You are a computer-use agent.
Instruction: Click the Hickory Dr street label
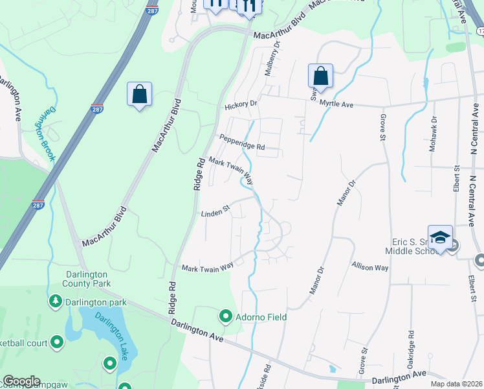241,104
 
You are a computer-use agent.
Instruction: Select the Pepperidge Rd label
243,142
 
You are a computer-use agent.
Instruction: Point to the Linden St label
215,213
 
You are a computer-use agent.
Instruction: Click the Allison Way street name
370,266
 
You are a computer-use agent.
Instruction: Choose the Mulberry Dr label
272,58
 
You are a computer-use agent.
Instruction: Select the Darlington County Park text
87,278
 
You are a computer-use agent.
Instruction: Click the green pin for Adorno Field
226,316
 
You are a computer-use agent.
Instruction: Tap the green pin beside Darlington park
56,301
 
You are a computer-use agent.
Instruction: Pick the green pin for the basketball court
57,341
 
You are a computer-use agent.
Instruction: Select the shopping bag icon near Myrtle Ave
320,77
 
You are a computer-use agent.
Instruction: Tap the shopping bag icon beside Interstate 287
139,95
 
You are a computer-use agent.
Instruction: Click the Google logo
21,381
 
